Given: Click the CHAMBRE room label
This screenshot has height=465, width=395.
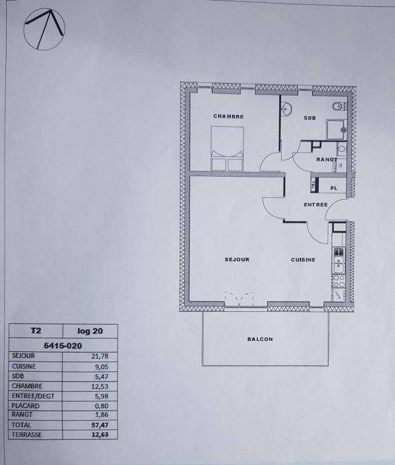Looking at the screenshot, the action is pos(228,116).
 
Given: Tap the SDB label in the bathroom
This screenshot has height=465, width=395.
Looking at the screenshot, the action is pos(310,118).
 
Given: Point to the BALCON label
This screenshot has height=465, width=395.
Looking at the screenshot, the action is pos(260,339).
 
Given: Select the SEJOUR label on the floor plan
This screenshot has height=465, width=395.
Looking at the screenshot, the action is pos(237,260).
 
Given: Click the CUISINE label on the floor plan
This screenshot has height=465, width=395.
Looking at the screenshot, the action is pos(303,260).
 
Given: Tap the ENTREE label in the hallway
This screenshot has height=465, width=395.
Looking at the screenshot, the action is pos(316,205).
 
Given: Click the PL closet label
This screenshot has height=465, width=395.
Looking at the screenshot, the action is pos(334,188).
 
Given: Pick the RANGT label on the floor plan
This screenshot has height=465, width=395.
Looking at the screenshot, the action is pos(327,160).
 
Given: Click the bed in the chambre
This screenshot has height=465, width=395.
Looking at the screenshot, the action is pos(227,148).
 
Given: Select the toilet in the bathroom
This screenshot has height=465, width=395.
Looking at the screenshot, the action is pos(339,106).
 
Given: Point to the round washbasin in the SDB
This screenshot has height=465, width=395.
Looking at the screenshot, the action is pos(287,108).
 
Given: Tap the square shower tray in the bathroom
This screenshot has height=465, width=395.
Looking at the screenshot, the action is pos(336,130).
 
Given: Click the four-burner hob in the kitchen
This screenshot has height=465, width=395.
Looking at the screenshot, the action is pos(338,281).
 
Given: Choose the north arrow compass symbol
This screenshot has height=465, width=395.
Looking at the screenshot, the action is pos(44,29).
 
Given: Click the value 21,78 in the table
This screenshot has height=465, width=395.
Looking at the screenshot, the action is pos(100,356).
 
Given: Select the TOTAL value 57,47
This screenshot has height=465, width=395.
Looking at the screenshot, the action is pos(100,425).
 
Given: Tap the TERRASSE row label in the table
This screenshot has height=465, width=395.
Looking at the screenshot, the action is pos(27,435).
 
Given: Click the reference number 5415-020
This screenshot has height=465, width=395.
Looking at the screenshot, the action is pos(63,346).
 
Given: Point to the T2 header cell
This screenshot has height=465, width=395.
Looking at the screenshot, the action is pos(36,331).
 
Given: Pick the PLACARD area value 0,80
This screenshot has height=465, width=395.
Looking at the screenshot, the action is pos(102,406).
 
